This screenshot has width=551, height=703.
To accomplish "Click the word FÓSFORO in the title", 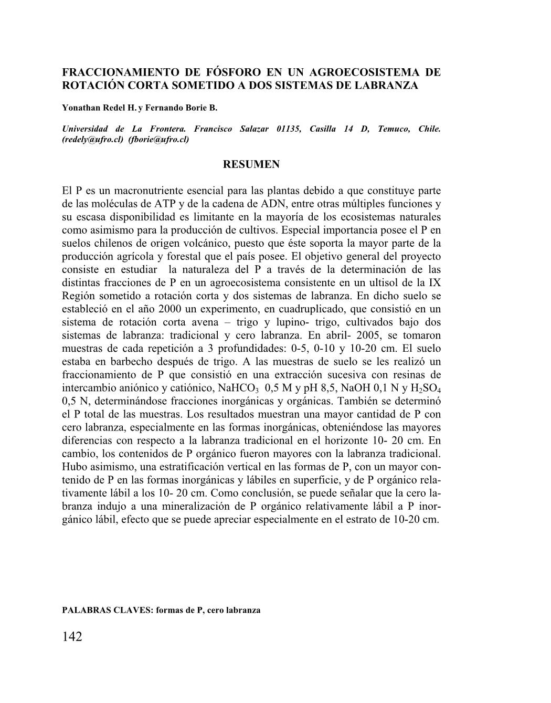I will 232,72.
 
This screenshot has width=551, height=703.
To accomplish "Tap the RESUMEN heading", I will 251,164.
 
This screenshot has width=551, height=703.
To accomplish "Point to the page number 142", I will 72,637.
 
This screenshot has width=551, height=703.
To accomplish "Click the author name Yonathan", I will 80,108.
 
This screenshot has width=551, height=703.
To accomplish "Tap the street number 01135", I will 284,129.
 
